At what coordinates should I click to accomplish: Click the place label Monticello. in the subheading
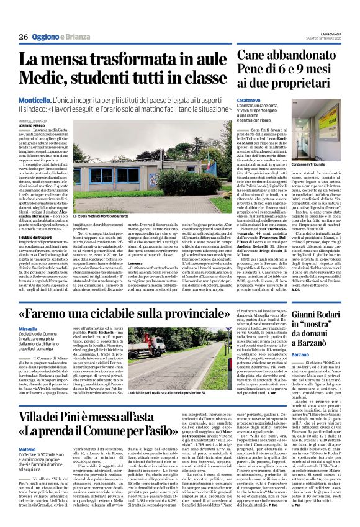pyautogui.click(x=34, y=99)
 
